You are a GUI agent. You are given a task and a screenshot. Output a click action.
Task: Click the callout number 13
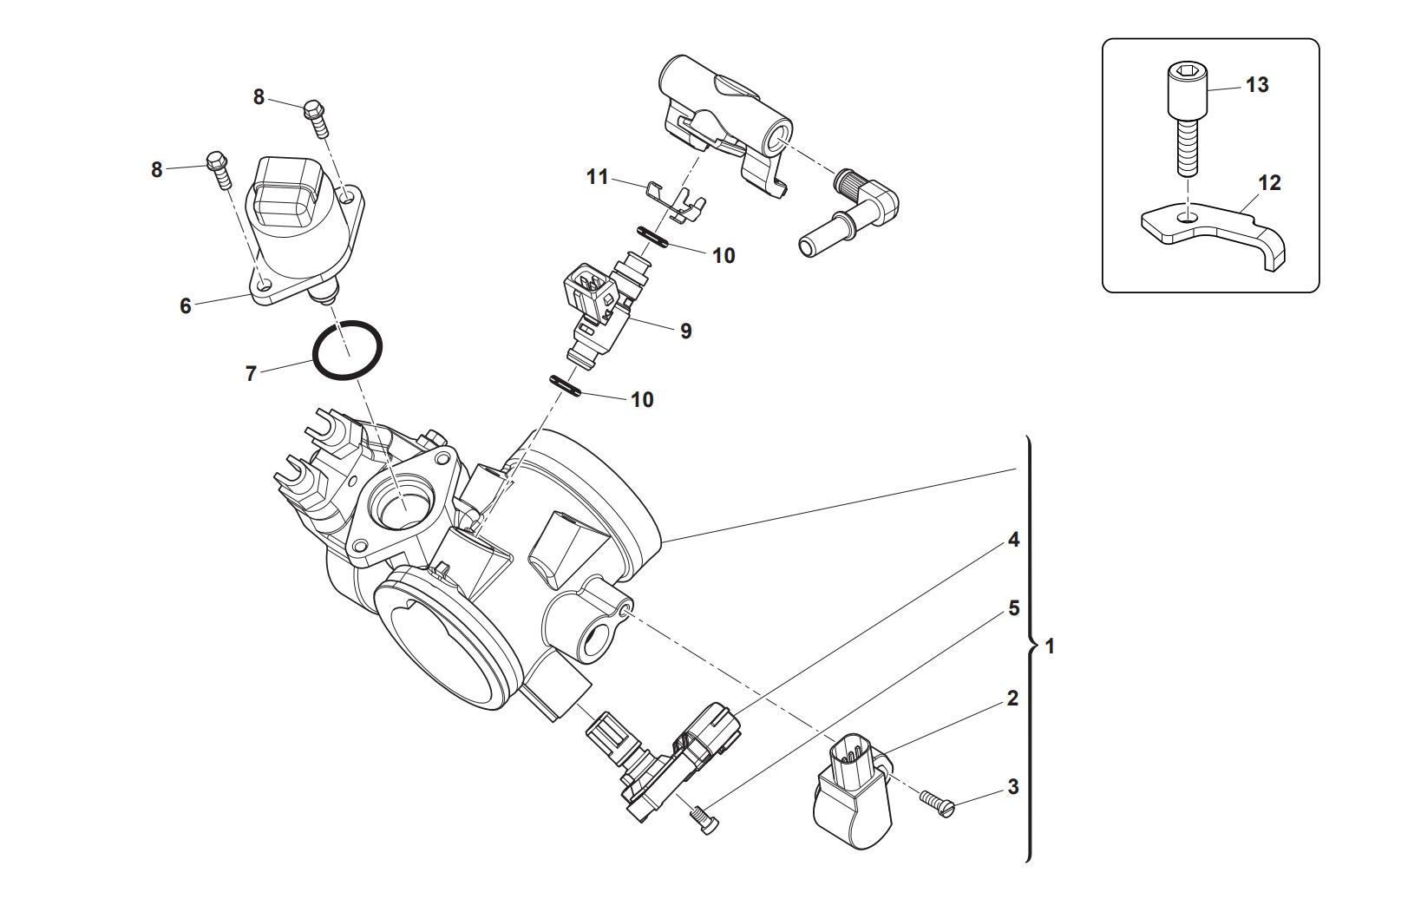click(x=1257, y=85)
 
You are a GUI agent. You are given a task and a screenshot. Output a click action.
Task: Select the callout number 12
click(x=1269, y=183)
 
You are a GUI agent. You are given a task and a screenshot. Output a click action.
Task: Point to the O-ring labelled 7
click(x=346, y=351)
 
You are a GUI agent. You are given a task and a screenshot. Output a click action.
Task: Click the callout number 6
click(x=185, y=305)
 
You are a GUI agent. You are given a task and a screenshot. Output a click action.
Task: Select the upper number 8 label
click(x=259, y=97)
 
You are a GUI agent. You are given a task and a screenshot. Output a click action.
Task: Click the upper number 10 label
click(x=723, y=255)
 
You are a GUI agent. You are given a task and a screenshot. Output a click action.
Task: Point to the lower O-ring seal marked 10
click(x=566, y=385)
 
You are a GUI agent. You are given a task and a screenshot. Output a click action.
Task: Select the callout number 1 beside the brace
click(x=1051, y=646)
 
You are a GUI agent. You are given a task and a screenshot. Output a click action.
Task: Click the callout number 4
click(x=1012, y=539)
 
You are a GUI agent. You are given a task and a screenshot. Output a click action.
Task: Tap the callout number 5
click(x=1013, y=607)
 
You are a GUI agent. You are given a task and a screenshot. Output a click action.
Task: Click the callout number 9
click(x=685, y=331)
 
